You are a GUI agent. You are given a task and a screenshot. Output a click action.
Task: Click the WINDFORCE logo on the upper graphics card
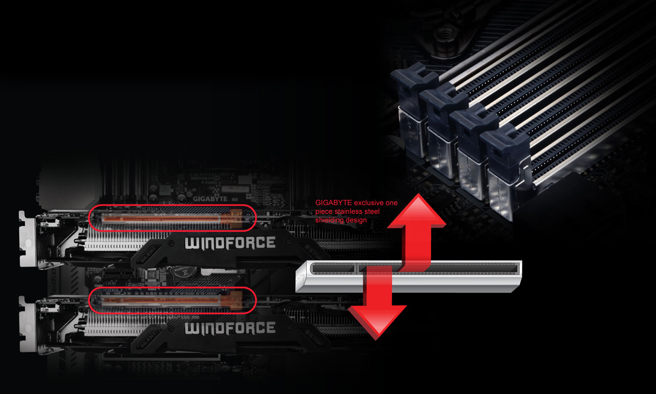point(230,243)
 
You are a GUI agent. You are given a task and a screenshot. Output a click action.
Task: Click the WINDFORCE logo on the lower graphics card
point(230,329)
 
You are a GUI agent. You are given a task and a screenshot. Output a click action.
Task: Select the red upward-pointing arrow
point(416,222)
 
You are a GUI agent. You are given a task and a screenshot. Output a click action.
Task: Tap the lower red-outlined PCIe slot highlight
point(172,300)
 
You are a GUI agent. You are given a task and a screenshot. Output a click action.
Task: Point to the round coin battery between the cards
point(185,270)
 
